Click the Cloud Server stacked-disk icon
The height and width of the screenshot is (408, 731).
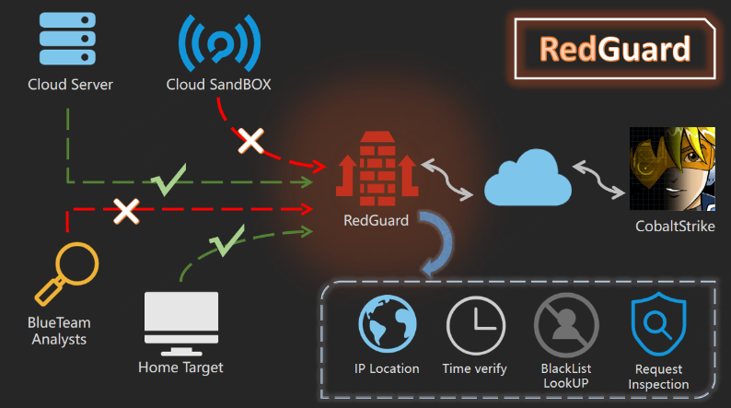67,39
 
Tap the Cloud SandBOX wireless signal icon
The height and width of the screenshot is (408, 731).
219,43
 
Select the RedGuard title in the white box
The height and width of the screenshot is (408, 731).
615,49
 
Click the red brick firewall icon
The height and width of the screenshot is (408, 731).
377,169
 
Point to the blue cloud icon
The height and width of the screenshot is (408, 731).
528,178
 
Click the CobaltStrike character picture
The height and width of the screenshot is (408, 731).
672,169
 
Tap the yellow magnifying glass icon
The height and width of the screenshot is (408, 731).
66,274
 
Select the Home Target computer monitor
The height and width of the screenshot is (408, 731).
181,323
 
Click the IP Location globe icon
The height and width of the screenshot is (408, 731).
388,323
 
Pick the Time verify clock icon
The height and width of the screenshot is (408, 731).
476,326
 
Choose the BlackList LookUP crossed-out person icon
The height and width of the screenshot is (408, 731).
566,325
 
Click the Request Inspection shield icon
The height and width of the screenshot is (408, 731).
658,324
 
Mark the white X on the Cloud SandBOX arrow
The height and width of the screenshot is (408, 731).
250,141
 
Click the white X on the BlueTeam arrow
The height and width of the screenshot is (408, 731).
126,211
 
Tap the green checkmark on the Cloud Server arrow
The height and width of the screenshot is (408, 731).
168,180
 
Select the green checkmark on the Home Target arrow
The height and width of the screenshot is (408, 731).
227,240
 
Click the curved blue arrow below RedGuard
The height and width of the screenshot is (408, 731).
442,242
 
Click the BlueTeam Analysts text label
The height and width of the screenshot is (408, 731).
59,331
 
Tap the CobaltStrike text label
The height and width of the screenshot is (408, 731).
675,227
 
